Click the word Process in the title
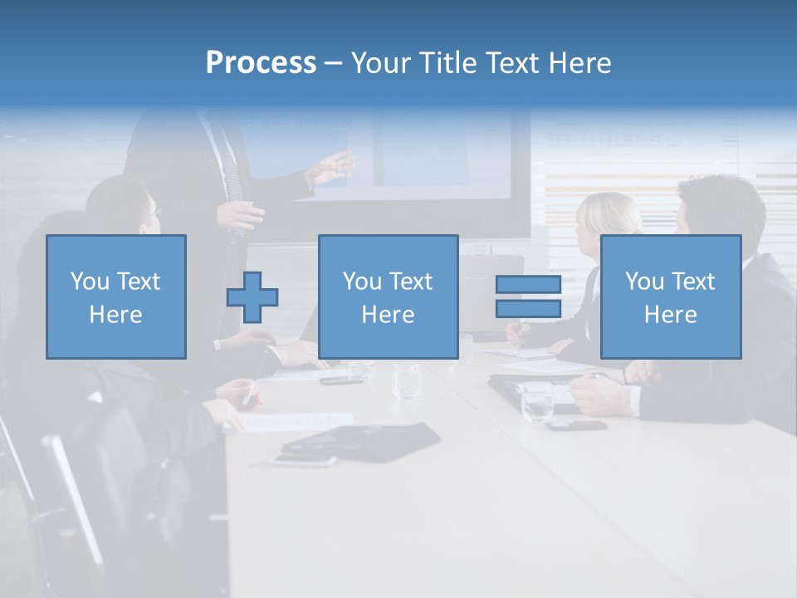click(261, 63)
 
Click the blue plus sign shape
click(252, 297)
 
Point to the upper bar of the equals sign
click(528, 284)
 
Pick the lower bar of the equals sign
click(528, 309)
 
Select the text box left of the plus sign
click(116, 297)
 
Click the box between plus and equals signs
click(389, 297)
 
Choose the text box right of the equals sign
click(671, 297)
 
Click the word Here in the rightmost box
click(671, 315)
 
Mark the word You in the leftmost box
click(90, 282)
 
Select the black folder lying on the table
click(362, 439)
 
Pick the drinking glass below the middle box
click(406, 380)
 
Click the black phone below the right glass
click(576, 425)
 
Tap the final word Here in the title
click(581, 63)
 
